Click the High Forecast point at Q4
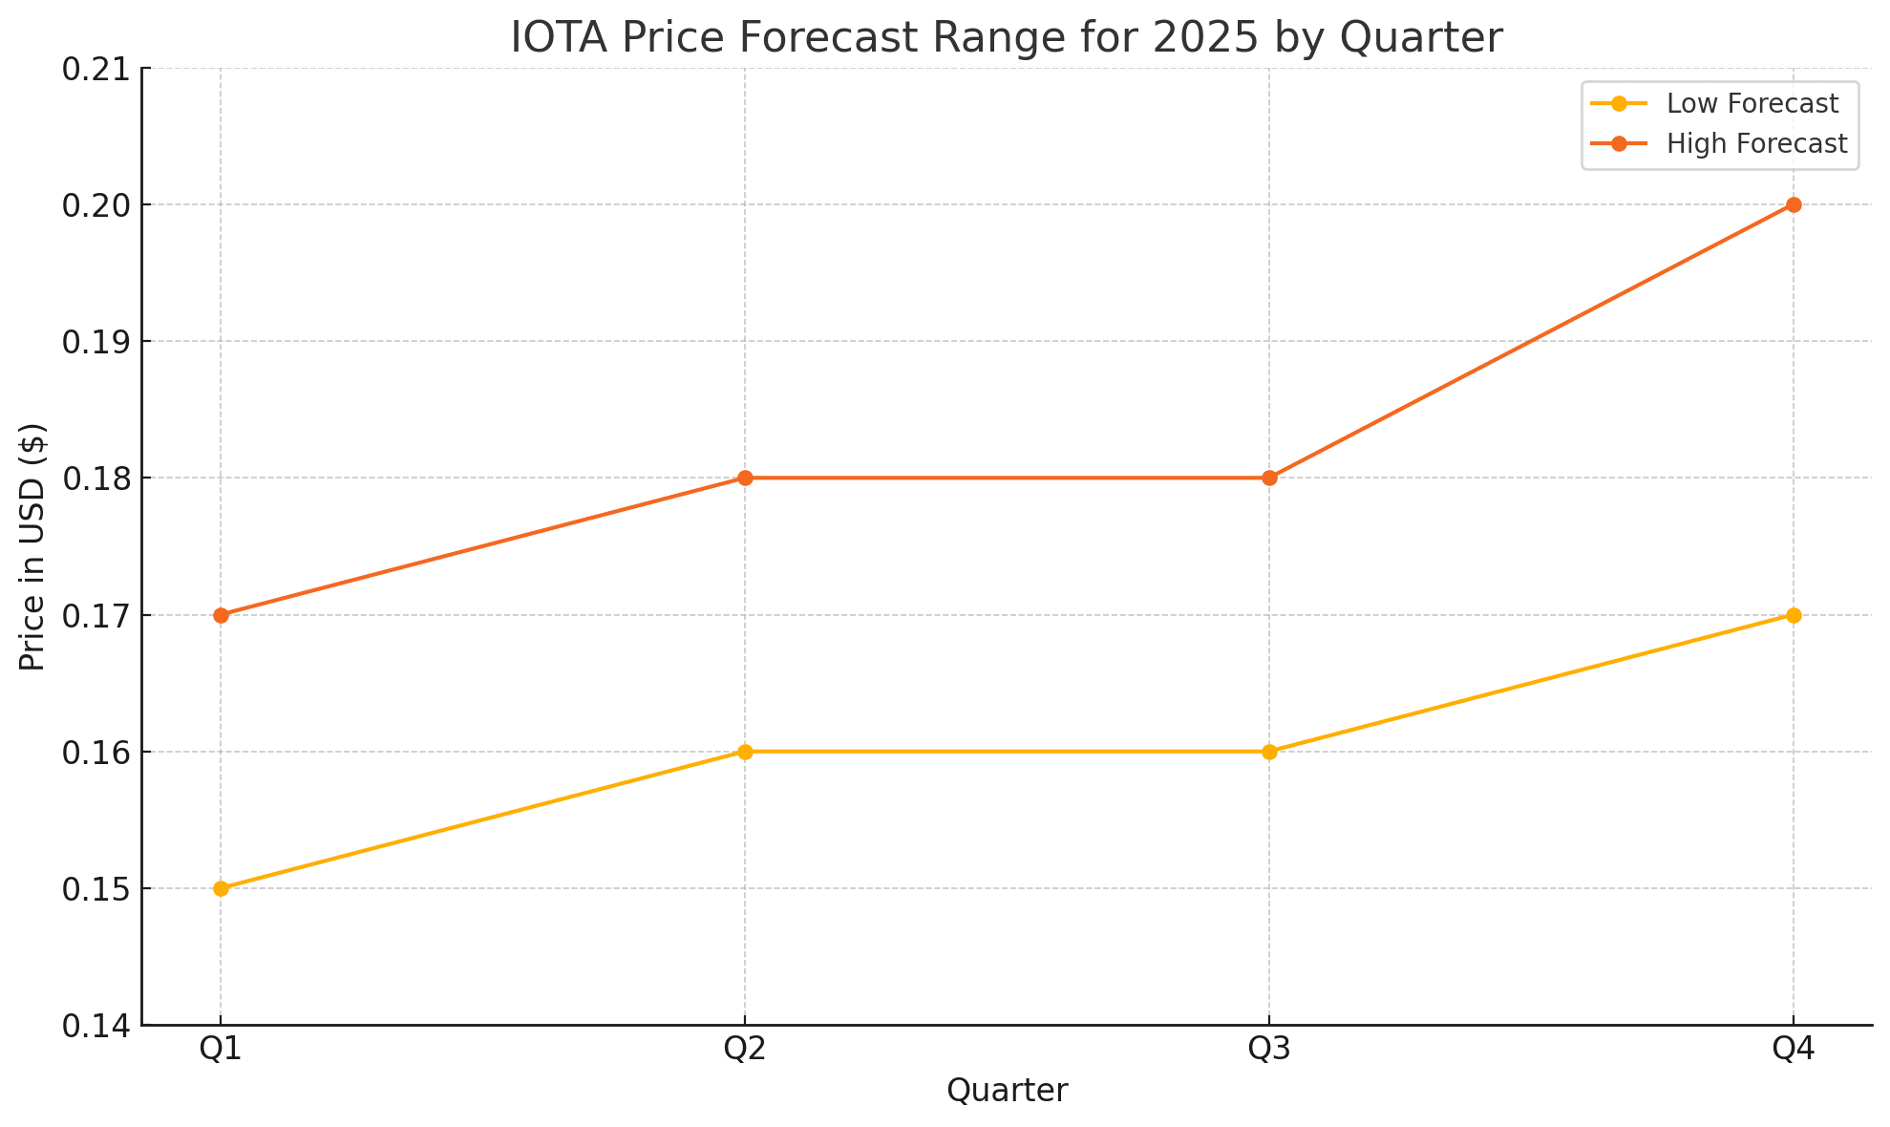[1794, 204]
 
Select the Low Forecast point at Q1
[221, 888]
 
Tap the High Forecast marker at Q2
[745, 478]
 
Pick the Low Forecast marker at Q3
[1269, 752]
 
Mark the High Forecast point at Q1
[221, 615]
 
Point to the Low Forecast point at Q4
[1794, 615]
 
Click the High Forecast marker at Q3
[1269, 478]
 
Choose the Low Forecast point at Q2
[745, 752]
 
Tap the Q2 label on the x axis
[745, 1050]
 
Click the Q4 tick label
[1794, 1050]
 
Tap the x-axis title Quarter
[1007, 1091]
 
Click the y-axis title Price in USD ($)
[33, 547]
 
